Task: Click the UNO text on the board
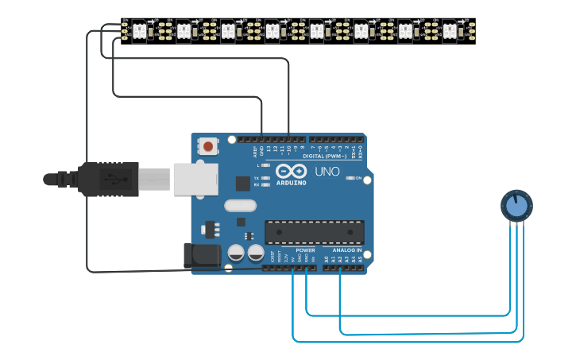coord(327,172)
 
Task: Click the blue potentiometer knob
coord(516,206)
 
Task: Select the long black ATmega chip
coord(315,232)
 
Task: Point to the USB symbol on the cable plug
coord(116,180)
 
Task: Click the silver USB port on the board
coord(195,180)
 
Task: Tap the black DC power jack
coord(202,255)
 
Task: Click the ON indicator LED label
coord(358,178)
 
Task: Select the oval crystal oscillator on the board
coord(240,206)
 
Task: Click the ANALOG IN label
coord(346,250)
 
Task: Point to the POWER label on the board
coord(306,250)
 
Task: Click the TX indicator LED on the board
coord(265,177)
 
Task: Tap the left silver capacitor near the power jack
coord(236,253)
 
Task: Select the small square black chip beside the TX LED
coord(243,184)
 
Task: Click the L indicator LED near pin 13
coord(265,165)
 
